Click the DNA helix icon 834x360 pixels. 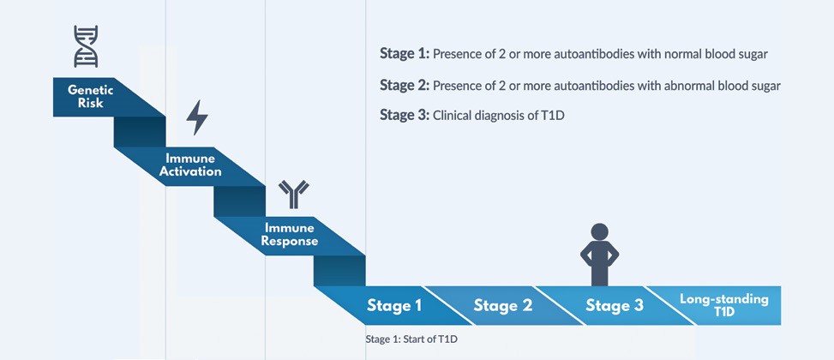[x=86, y=45]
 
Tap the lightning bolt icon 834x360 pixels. [x=197, y=117]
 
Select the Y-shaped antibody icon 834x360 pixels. [x=293, y=194]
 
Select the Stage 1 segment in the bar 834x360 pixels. [x=394, y=305]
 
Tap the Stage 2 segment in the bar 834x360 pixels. [x=502, y=305]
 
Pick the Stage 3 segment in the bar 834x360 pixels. [x=614, y=305]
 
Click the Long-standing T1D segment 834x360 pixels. [x=723, y=305]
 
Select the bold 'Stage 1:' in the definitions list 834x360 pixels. [x=404, y=54]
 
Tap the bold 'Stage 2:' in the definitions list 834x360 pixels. [x=404, y=85]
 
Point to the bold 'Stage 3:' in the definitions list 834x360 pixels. [x=404, y=115]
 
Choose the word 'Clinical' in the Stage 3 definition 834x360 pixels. [x=454, y=116]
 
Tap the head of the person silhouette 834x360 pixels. [x=599, y=232]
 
